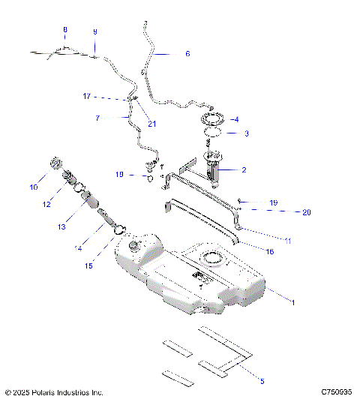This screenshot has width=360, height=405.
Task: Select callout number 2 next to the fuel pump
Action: [244, 170]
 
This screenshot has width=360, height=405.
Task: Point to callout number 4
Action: [237, 119]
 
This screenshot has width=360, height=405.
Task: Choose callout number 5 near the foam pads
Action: [262, 381]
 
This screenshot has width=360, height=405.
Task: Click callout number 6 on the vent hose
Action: [187, 54]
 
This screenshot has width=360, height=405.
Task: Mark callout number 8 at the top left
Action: [64, 30]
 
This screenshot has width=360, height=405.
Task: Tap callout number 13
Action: [62, 226]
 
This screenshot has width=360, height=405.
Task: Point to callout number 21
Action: [152, 124]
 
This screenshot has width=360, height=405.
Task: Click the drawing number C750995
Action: [337, 392]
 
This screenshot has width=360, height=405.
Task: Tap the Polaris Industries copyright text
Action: [54, 392]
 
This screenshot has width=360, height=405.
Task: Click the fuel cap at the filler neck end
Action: [54, 164]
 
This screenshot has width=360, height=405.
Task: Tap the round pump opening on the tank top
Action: [212, 260]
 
